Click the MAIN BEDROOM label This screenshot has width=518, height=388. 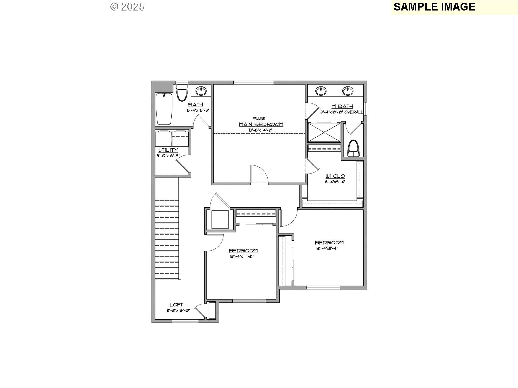click(261, 124)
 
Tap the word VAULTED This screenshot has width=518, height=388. click(259, 118)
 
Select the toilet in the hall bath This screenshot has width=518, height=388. click(182, 92)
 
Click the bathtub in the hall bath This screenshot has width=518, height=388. click(164, 109)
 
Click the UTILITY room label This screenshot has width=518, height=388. click(168, 150)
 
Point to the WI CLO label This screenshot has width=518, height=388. click(335, 176)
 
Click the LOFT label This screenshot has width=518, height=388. click(176, 305)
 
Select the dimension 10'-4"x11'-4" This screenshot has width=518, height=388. click(327, 248)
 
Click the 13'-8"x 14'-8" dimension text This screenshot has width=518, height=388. click(261, 130)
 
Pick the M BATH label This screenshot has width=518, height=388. click(342, 106)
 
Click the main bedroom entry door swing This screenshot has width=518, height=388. click(259, 174)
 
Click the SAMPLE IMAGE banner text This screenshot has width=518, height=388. click(434, 7)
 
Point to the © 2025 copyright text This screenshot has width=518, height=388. click(127, 7)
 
